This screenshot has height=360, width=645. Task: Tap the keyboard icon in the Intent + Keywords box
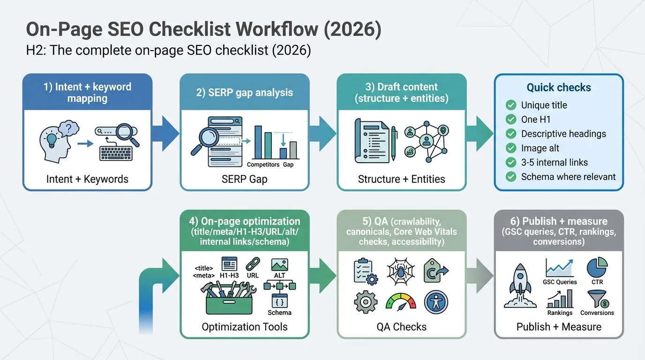116,152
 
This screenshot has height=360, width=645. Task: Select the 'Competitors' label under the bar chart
263,165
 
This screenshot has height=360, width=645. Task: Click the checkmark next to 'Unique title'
510,105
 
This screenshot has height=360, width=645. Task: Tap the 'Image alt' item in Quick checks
540,148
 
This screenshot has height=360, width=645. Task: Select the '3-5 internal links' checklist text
554,163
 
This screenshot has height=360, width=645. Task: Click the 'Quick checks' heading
559,87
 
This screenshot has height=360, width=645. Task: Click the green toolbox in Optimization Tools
229,300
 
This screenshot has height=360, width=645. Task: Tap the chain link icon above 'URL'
253,263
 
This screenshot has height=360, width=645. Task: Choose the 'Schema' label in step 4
279,313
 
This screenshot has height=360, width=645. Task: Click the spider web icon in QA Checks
401,270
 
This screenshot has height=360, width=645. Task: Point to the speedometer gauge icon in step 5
401,302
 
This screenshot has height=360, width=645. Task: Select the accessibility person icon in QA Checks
436,302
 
